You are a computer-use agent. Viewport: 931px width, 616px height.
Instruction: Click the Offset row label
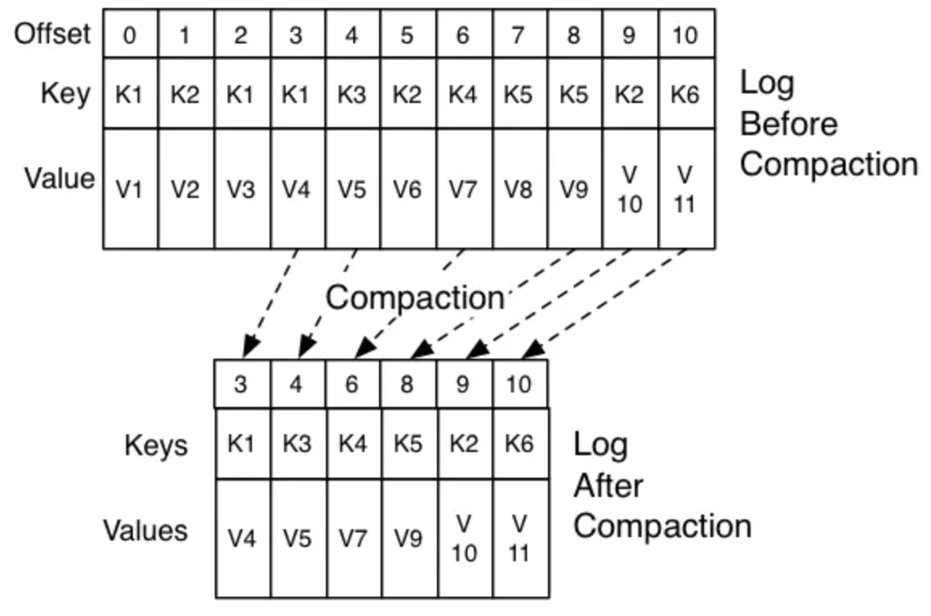click(x=52, y=34)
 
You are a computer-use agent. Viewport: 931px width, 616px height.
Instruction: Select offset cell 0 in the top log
click(x=130, y=34)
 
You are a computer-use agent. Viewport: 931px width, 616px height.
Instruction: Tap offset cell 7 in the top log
click(x=520, y=34)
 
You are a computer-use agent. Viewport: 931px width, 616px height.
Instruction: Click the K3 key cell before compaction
click(x=352, y=93)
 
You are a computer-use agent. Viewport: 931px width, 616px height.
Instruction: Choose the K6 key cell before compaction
click(x=686, y=93)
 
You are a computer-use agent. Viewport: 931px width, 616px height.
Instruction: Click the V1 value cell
click(x=130, y=189)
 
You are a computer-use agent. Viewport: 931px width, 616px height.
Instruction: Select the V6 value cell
click(x=409, y=189)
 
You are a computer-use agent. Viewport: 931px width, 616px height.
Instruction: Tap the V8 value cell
click(x=520, y=189)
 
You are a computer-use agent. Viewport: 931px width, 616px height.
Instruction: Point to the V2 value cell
click(x=186, y=189)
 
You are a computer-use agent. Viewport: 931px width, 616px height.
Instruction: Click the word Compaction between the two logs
click(x=415, y=298)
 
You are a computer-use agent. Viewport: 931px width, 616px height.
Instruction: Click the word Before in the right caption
click(x=789, y=124)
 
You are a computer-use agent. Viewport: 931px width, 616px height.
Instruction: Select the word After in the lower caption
click(x=608, y=486)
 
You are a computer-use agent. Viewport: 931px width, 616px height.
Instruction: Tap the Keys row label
click(x=156, y=445)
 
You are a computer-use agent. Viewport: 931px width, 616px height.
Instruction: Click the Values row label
click(x=146, y=531)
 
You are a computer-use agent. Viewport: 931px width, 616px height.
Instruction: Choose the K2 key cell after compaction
click(x=464, y=443)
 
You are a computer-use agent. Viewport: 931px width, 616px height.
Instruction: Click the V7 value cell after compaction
click(x=354, y=538)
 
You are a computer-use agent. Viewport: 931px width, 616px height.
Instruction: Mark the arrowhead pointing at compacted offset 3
click(x=250, y=347)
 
